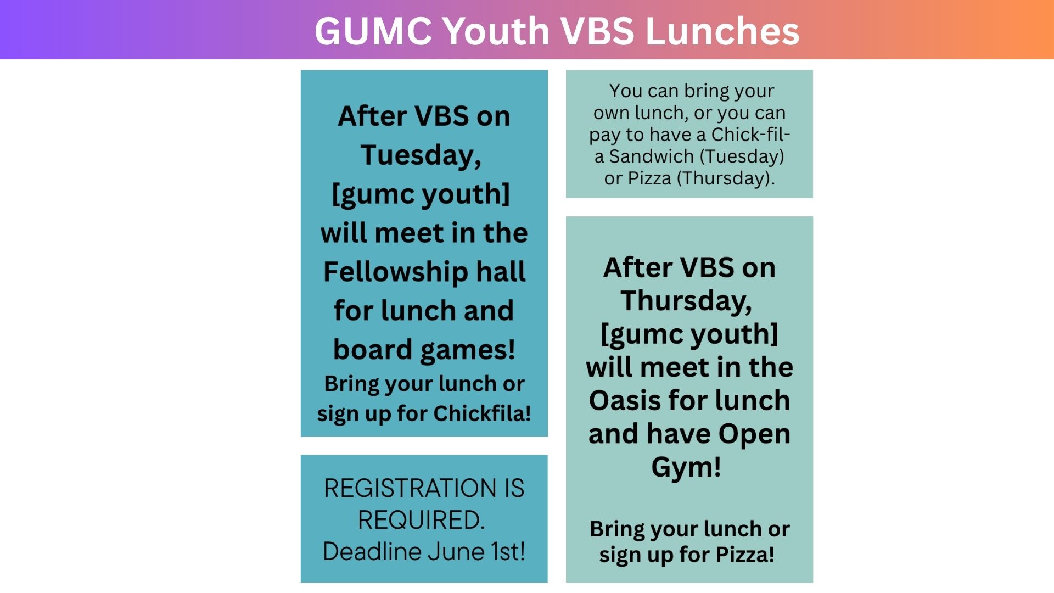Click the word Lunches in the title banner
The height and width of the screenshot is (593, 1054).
722,31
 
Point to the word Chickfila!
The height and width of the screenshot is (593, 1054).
482,413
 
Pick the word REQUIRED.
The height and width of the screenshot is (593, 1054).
422,520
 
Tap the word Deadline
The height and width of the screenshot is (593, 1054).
372,551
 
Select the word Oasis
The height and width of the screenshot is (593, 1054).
624,400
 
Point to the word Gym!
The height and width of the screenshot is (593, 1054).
686,468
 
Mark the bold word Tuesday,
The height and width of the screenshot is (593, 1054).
421,155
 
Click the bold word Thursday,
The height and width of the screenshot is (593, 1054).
686,301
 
